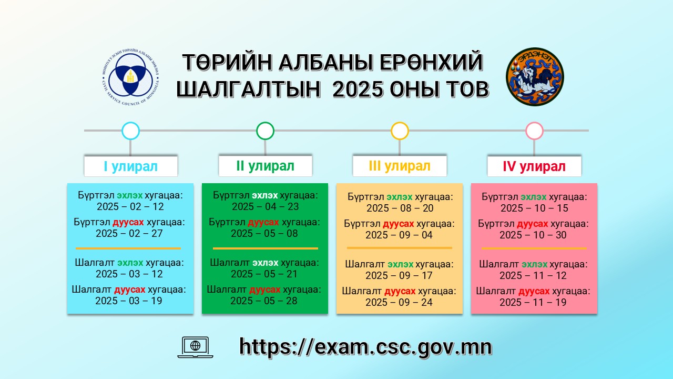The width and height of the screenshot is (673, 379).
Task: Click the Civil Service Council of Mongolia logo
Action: pos(131,77)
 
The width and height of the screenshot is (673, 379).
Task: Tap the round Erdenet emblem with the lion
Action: pos(535,77)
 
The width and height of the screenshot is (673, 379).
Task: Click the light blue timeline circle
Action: pos(131,131)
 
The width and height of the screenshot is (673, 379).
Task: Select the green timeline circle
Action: pos(266,131)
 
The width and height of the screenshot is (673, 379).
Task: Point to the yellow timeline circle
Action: pos(400,131)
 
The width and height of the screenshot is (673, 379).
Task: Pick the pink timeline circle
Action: pos(535,131)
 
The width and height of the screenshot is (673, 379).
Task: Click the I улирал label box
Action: pos(131,166)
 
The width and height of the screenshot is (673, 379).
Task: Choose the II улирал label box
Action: pos(266,166)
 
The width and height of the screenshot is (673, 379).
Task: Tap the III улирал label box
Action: pos(400,166)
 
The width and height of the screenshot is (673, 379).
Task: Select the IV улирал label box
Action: pos(534,166)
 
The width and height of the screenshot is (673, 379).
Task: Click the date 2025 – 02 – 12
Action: pos(130,207)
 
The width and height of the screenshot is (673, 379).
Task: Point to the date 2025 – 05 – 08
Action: pos(264,233)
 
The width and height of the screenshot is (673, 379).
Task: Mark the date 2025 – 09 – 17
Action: pos(399,275)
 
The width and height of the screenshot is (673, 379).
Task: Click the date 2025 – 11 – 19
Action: pos(533,302)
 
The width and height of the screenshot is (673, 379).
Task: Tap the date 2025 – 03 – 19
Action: pos(129,301)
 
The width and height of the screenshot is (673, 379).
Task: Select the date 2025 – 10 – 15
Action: pos(535,208)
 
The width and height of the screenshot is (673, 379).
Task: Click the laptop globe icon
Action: pos(195,347)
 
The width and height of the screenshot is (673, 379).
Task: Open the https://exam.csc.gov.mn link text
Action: pos(365,347)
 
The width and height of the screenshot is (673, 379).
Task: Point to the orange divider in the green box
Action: pos(266,248)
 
